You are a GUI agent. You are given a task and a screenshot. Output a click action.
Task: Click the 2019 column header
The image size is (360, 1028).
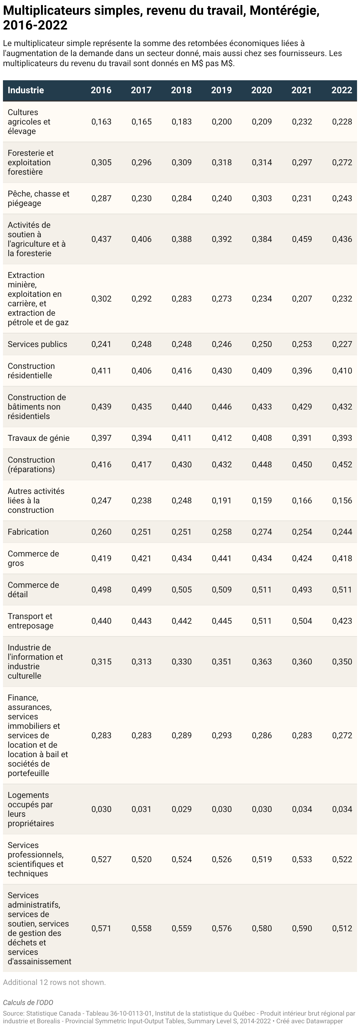pos(222,90)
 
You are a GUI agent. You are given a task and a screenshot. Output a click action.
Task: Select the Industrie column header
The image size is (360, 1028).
pos(26,90)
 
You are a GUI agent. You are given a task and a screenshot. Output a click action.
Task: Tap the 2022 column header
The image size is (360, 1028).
pos(342,90)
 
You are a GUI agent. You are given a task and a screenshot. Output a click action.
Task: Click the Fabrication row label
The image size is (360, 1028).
pos(28,532)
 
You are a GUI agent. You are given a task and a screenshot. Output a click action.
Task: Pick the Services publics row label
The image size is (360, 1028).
pos(37,344)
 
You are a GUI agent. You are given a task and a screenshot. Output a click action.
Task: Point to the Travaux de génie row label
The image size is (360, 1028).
pos(39,438)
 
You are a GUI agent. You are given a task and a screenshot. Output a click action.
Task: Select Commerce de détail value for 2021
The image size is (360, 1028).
pos(302,590)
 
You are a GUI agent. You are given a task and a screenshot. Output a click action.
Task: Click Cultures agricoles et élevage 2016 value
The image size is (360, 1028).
pos(102,122)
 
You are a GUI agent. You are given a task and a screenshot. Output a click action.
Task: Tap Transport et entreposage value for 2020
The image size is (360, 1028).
pos(262,621)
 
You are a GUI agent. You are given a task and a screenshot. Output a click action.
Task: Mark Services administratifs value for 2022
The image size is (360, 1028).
pos(342,928)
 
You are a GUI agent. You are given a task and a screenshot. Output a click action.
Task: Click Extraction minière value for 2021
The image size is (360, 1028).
pos(302,299)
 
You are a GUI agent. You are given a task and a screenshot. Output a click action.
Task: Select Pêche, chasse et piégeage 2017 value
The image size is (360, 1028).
pos(142,198)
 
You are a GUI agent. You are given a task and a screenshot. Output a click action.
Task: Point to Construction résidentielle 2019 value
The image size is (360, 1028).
pos(222,370)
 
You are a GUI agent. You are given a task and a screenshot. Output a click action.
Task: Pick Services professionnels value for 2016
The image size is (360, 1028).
pos(102,859)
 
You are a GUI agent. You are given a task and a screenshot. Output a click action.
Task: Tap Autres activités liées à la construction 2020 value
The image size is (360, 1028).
pos(262,500)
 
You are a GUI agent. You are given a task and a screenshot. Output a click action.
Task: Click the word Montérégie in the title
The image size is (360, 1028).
pos(284,11)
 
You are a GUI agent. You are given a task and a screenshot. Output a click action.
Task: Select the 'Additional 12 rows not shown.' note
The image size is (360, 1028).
pos(54,982)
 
